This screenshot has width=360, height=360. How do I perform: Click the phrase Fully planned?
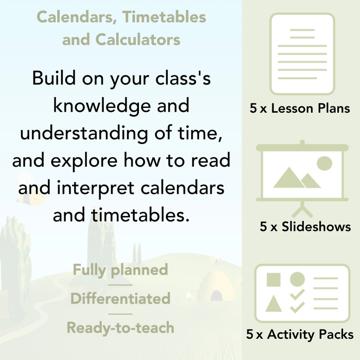click(x=120, y=269)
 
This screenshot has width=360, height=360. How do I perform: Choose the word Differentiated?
click(x=120, y=298)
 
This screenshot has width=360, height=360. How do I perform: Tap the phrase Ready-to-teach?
click(x=120, y=327)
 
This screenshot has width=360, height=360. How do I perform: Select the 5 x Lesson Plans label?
click(x=300, y=109)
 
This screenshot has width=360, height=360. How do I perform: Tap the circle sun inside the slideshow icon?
click(x=324, y=164)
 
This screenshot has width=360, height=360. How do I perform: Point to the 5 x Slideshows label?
click(x=305, y=227)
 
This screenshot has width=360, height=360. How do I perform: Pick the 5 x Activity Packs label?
click(x=300, y=335)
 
